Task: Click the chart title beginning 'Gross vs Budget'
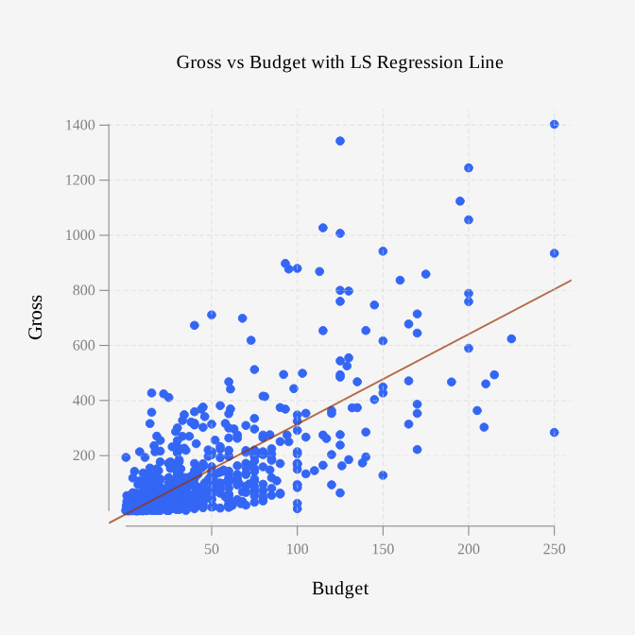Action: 339,62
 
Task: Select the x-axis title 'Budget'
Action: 340,589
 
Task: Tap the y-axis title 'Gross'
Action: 35,317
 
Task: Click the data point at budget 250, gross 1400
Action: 555,125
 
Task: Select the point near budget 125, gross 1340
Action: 340,141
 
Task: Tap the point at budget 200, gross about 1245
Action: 469,168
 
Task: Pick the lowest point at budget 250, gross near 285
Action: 555,433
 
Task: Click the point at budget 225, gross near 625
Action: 511,338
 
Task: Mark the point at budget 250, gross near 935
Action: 555,253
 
